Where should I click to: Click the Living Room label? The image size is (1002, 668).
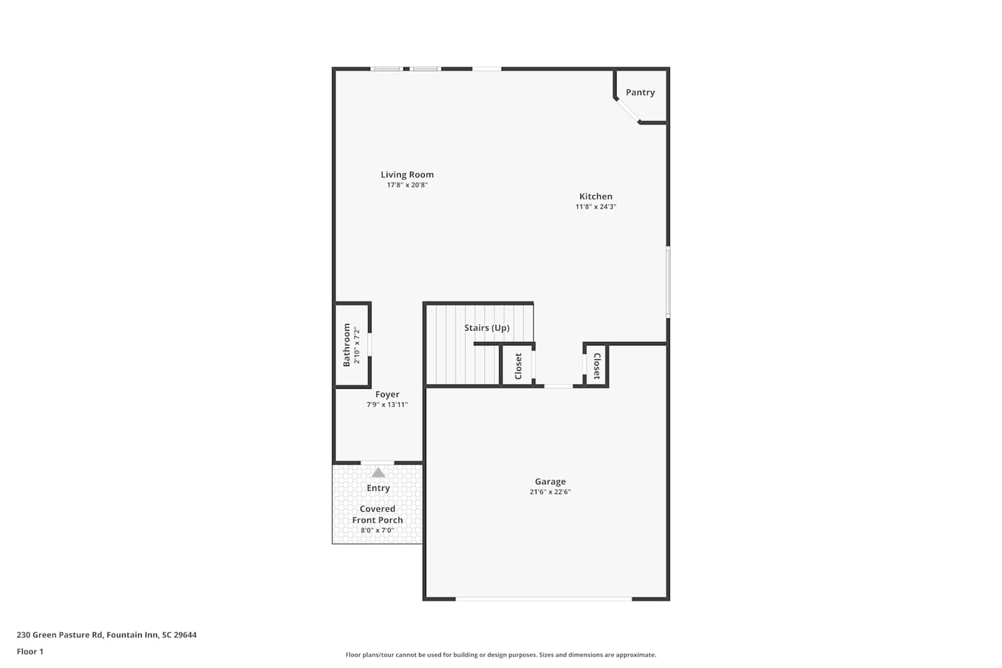click(407, 174)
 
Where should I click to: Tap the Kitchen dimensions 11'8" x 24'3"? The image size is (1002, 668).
click(596, 206)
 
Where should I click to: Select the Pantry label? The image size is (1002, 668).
click(640, 93)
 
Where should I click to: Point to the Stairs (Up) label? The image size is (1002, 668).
click(487, 328)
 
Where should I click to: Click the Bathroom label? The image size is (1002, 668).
click(346, 345)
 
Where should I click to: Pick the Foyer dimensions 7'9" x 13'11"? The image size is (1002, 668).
click(387, 405)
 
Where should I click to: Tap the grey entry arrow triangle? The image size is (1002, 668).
click(379, 472)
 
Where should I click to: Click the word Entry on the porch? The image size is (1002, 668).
click(379, 488)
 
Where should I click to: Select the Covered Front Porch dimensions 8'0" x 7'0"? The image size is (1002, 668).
click(377, 530)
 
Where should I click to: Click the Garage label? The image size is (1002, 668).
click(550, 482)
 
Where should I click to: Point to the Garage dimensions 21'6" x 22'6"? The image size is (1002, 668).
click(550, 492)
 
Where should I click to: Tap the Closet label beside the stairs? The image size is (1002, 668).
click(518, 366)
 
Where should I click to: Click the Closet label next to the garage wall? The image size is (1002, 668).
click(597, 366)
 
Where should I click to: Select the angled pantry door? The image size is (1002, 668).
click(628, 110)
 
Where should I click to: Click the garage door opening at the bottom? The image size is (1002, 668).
click(544, 599)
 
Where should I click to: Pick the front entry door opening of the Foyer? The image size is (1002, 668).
click(377, 463)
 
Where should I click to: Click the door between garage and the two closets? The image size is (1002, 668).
click(558, 385)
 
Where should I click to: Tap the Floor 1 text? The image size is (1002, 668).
click(30, 651)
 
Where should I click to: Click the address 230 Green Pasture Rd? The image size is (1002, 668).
click(59, 635)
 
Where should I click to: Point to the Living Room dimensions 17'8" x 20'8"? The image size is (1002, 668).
click(407, 185)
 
